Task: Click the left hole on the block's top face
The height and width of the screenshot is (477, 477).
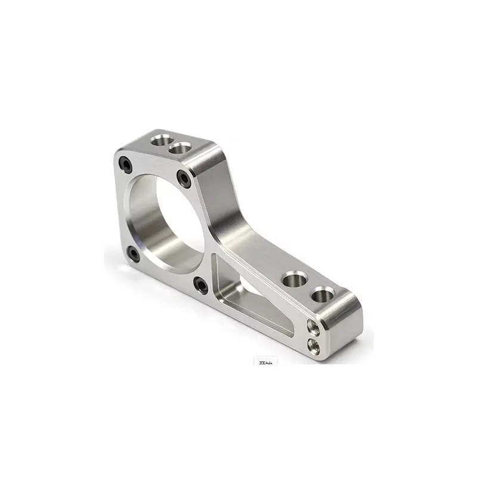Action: point(159,141)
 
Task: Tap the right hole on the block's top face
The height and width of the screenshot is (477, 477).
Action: point(179,147)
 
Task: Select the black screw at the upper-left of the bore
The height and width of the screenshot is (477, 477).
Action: point(126,163)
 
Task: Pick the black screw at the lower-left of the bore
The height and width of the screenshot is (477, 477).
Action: point(134,254)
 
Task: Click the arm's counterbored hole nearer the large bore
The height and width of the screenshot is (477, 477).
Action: point(294,278)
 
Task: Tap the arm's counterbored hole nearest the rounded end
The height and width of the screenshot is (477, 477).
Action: point(323,294)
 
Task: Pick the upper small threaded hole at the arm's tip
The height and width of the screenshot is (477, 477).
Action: point(312,327)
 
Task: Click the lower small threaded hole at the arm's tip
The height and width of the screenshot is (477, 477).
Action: point(312,344)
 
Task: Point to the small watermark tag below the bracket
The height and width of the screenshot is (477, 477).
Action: point(263,361)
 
